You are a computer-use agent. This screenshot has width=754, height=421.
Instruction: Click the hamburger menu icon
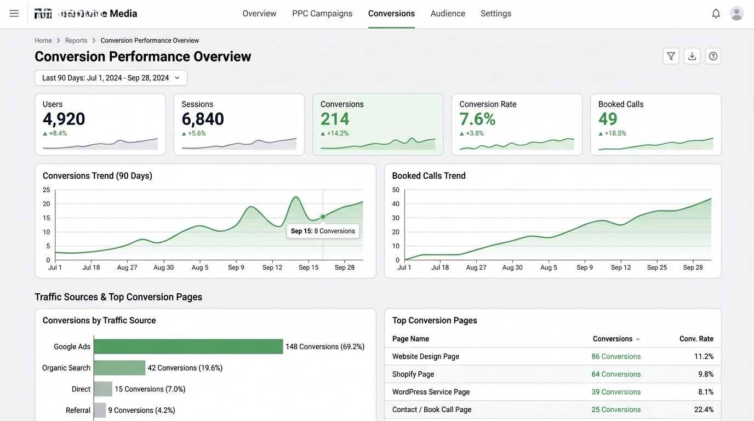coord(14,14)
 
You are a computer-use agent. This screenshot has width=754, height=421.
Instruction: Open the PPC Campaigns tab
coord(322,14)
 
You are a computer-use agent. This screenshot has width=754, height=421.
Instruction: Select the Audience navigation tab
coord(448,14)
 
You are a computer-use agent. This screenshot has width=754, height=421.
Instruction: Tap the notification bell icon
coord(716,14)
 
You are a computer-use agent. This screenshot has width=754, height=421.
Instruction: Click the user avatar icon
coord(736,14)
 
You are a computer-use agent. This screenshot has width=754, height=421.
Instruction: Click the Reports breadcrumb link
coord(76,41)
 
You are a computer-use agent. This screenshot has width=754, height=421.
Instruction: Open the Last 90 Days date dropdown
coord(111,78)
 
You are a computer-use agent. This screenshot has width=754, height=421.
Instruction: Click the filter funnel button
coord(671,56)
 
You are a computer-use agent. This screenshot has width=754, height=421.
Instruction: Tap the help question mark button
coord(713,56)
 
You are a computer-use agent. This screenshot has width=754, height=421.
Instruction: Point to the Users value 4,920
coord(64,119)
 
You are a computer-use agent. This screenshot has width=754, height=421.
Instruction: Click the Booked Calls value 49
coord(608,119)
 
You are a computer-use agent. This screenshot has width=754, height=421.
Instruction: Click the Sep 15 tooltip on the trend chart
coord(323,231)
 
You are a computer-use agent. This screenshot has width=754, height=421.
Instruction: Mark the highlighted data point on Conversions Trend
coord(323,217)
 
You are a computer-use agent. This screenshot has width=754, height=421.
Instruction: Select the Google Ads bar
coord(188,346)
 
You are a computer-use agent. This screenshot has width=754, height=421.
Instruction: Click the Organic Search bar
coord(119,368)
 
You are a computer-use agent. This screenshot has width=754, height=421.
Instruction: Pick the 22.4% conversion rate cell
coord(704,409)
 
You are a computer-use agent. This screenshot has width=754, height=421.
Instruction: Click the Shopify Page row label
coord(413,374)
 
